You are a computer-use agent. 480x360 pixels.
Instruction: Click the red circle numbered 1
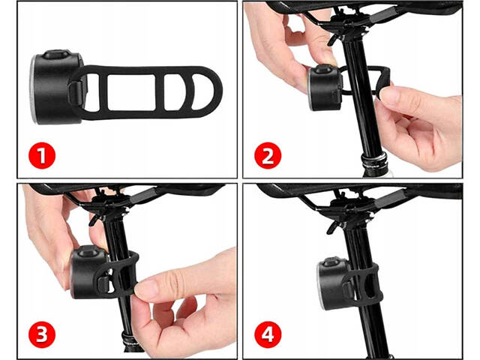coord(42,155)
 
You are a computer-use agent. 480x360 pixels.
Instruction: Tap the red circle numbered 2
coord(268,155)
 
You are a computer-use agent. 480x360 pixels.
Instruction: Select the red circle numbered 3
coord(42,334)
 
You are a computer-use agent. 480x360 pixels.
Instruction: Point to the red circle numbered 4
coord(268,334)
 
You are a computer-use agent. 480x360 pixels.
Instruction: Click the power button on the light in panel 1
coord(56,55)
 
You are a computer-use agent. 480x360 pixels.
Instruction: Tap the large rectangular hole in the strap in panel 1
coord(132,91)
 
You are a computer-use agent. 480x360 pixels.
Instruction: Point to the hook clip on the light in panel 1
coord(76,92)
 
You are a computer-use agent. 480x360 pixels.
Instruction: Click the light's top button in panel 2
coord(323,69)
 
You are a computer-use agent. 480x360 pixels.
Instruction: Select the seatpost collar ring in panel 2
coord(375,160)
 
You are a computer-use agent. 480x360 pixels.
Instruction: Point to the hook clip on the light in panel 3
coord(103,283)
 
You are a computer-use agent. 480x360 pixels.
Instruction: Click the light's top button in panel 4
coord(333,262)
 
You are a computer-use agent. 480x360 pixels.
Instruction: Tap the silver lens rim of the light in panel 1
coord(33,88)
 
